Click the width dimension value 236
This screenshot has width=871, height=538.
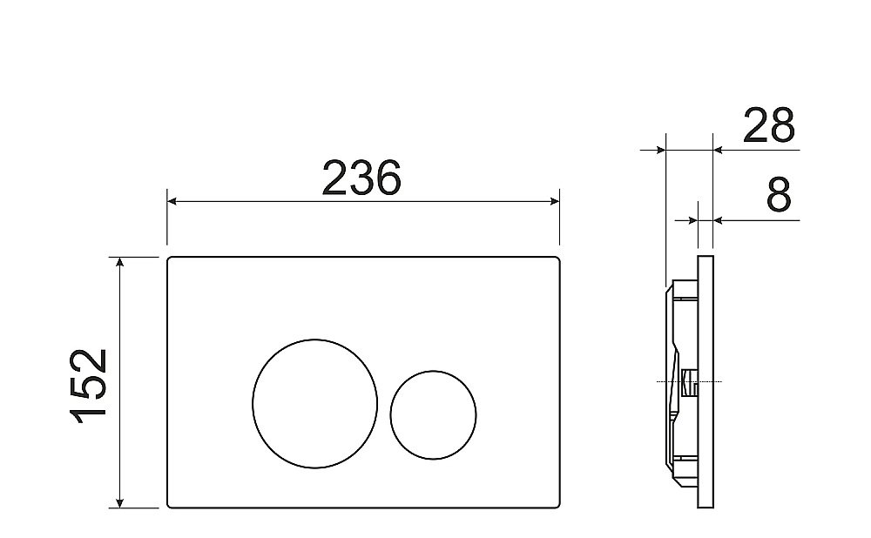(x=361, y=178)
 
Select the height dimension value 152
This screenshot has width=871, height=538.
(x=89, y=384)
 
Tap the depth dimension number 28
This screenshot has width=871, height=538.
(x=768, y=126)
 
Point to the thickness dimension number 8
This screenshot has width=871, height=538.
(x=780, y=197)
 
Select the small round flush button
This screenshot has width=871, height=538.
(x=434, y=414)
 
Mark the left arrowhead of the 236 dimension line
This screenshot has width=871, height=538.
(x=172, y=202)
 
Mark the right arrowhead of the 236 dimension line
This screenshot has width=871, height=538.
(x=554, y=202)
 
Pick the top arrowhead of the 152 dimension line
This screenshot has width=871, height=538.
(x=120, y=262)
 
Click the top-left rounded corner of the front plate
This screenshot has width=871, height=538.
(x=170, y=259)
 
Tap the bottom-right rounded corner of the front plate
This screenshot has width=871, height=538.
(x=556, y=505)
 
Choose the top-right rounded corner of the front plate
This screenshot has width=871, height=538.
(x=556, y=259)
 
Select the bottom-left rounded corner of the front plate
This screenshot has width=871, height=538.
(x=170, y=505)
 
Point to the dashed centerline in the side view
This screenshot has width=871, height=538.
(x=671, y=381)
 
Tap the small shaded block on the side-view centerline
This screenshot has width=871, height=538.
(x=689, y=380)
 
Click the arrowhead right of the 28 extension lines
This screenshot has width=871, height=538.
(x=719, y=150)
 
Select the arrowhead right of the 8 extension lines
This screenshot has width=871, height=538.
(x=719, y=220)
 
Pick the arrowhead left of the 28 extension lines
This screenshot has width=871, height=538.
(x=659, y=150)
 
